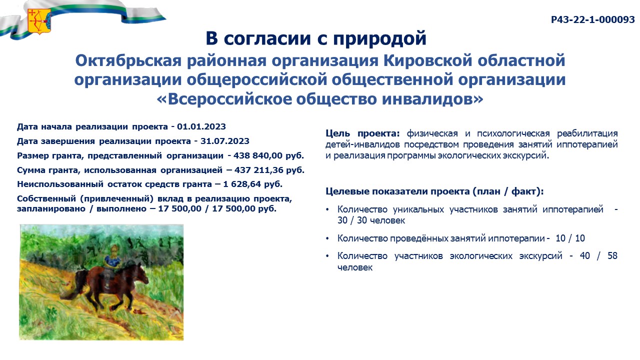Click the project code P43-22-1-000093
tap(593, 19)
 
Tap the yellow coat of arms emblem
tap(39, 21)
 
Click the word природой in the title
tap(379, 38)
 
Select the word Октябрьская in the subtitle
tap(128, 60)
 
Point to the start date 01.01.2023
tap(201, 126)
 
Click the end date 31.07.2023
tap(225, 141)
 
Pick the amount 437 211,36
tap(259, 170)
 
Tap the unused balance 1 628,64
tap(242, 184)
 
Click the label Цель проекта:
tap(362, 133)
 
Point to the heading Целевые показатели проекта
tap(397, 191)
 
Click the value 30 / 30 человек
tap(371, 220)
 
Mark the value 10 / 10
tap(570, 238)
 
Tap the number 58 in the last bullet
tap(612, 255)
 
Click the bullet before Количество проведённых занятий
tap(327, 238)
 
